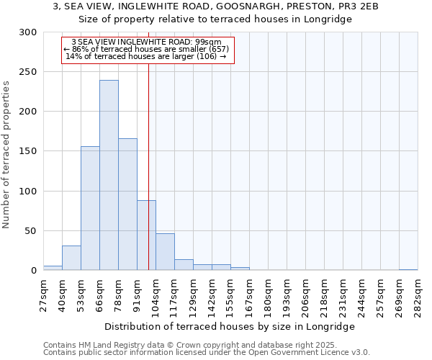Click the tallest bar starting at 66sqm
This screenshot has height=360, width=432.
pos(109,175)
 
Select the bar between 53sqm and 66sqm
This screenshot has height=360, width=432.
pos(90,208)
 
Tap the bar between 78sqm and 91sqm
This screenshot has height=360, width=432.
pos(127,204)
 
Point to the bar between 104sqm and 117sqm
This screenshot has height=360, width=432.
pos(165,252)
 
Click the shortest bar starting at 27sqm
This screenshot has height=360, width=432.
pos(53,268)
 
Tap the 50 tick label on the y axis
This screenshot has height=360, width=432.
pos(30,231)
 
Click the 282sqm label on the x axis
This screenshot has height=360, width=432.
pos(418,295)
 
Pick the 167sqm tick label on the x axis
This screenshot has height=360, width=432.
pos(249,295)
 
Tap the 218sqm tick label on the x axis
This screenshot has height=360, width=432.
pos(324,295)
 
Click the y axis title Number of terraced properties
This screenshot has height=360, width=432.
pos(6,155)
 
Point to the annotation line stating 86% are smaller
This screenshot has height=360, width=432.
pos(147,49)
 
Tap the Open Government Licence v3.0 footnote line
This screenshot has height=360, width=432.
pos(207,353)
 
